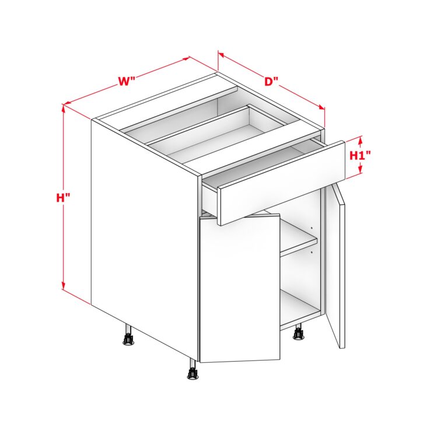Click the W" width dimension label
tap(126, 82)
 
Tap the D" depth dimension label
tap(271, 82)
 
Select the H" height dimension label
tap(63, 197)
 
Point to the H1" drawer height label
tap(360, 155)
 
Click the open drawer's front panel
tap(281, 183)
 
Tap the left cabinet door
tap(239, 289)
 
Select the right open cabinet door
tap(335, 266)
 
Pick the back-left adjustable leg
tap(128, 335)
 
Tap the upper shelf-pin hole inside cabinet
tap(311, 228)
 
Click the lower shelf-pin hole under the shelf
tap(311, 252)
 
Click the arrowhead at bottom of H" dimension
tap(64, 285)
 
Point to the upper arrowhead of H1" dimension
tap(360, 140)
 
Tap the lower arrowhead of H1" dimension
tap(360, 169)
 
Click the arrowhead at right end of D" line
tap(322, 107)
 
